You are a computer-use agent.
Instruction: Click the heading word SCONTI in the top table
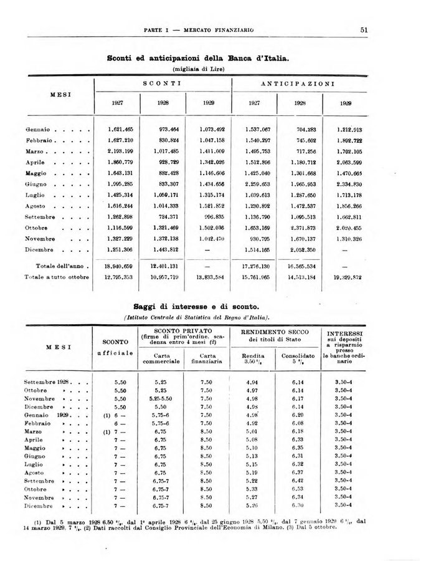(162, 83)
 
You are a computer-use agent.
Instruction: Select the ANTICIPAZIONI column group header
(300, 83)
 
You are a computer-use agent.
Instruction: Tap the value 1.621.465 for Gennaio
(120, 129)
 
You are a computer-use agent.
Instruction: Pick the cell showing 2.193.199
(120, 151)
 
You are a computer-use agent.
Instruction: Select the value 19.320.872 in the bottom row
(349, 277)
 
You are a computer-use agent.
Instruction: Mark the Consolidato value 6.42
(297, 481)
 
